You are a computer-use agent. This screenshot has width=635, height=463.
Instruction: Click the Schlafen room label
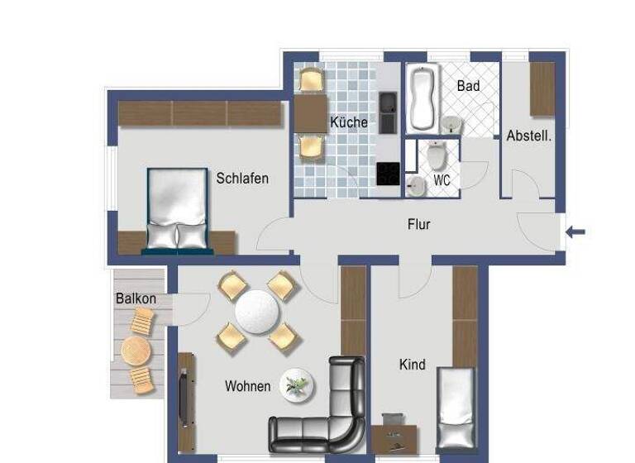242,179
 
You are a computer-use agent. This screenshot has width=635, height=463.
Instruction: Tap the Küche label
348,122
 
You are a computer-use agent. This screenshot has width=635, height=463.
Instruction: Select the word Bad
468,85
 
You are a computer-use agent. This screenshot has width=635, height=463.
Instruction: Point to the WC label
442,179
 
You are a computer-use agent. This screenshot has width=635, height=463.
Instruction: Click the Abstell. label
528,136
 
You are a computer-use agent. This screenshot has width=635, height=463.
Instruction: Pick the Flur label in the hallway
418,224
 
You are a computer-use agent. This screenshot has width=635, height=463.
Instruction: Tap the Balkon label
136,298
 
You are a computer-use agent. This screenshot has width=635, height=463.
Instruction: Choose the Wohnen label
247,386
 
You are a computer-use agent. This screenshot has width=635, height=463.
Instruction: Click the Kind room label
412,365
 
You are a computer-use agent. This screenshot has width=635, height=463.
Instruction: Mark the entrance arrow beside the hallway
575,231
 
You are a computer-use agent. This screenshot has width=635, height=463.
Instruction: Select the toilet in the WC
437,155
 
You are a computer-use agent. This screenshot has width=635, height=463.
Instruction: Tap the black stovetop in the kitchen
388,174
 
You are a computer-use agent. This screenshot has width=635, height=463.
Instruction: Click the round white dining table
257,313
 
